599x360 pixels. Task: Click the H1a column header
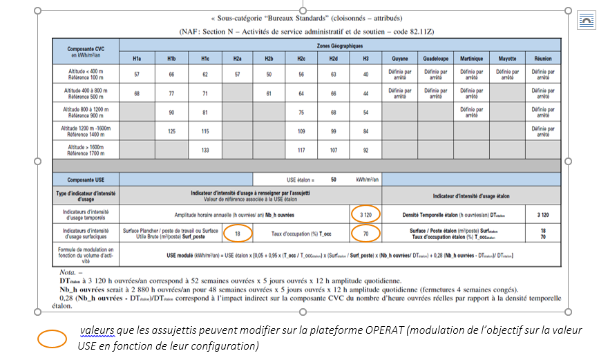tap(137, 59)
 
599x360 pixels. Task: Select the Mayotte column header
tap(507, 59)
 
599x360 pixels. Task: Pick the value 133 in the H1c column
tap(205, 149)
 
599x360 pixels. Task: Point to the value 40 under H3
tap(365, 74)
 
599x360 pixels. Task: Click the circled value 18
tap(237, 234)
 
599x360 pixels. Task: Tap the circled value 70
tap(365, 234)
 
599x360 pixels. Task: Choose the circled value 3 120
tap(365, 214)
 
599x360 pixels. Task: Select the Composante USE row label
tap(86, 179)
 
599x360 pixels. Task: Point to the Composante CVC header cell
tap(86, 53)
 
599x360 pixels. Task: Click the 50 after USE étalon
tap(333, 179)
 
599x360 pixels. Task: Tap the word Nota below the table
tap(68, 272)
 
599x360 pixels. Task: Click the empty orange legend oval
tap(52, 337)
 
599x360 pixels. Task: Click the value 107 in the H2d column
tap(333, 149)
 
